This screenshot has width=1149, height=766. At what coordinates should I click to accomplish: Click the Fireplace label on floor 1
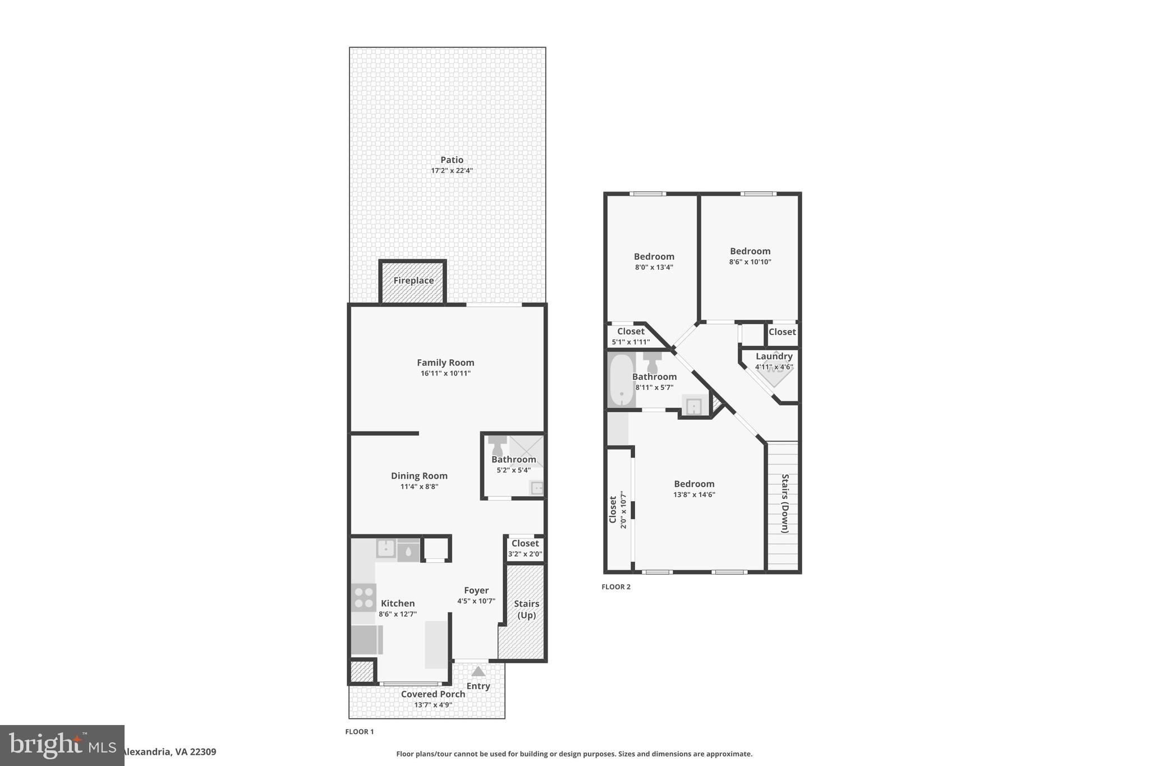click(413, 281)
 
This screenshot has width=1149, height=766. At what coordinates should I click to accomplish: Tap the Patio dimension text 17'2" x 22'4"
click(452, 171)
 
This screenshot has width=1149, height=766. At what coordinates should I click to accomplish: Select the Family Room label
click(445, 363)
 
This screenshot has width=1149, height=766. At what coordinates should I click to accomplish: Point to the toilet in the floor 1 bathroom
click(497, 446)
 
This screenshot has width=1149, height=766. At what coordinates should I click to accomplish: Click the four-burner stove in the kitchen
click(363, 597)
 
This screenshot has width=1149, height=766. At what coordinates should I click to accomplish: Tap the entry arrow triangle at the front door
click(478, 671)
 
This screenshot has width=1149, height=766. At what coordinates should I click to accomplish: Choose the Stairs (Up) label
click(526, 609)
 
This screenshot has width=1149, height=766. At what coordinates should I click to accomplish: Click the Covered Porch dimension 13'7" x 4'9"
click(433, 705)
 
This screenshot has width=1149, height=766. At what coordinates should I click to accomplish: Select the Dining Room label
click(419, 476)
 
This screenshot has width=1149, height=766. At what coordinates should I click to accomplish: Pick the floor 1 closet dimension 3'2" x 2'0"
click(525, 554)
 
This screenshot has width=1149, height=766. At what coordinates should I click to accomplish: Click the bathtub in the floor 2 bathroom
click(621, 380)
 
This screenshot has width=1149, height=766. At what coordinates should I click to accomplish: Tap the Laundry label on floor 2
click(774, 356)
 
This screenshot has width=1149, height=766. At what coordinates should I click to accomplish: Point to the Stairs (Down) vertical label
click(785, 503)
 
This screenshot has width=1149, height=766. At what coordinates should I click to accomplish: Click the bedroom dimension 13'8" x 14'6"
click(694, 495)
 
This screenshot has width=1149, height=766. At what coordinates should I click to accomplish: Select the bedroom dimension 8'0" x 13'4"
click(654, 267)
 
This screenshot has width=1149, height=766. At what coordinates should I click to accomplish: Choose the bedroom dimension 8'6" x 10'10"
click(750, 262)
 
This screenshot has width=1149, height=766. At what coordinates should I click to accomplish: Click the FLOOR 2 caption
click(616, 587)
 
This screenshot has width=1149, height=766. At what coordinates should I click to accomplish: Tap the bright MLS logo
click(62, 745)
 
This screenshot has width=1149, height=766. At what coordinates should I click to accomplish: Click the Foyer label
click(476, 590)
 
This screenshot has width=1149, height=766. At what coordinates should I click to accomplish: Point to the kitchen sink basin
click(385, 548)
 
